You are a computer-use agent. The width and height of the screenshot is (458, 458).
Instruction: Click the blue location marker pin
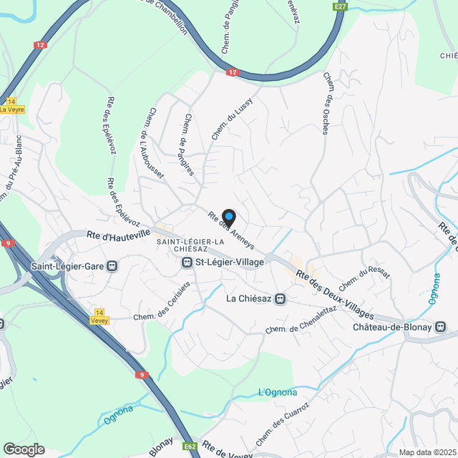(228, 216)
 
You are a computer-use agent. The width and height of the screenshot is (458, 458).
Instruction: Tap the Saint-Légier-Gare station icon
(112, 266)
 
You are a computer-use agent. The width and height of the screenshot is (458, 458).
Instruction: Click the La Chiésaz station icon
(281, 298)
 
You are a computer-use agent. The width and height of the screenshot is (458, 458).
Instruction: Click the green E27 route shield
(339, 6)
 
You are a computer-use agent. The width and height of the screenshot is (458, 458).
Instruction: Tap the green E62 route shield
(190, 447)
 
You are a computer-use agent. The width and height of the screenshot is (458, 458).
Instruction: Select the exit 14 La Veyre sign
(12, 106)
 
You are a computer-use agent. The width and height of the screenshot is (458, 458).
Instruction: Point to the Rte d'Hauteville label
(119, 233)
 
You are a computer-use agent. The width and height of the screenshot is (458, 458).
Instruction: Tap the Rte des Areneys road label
(225, 230)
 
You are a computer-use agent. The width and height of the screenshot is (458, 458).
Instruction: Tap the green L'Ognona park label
(277, 392)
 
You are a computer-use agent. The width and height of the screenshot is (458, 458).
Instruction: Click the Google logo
(24, 449)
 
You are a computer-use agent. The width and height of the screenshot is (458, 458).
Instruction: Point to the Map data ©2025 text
(427, 452)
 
